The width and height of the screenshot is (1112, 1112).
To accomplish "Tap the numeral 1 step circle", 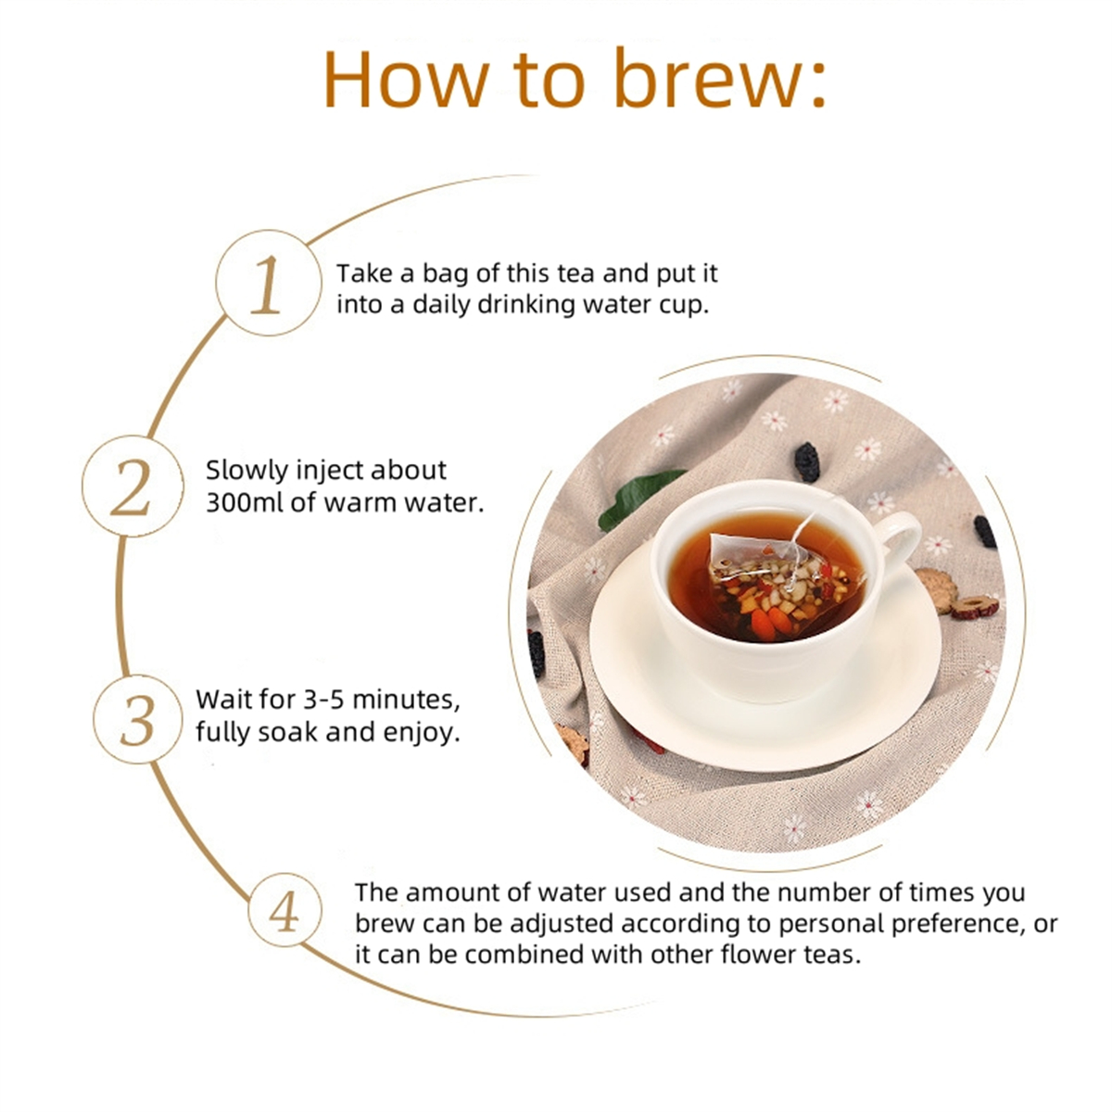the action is click(x=269, y=283).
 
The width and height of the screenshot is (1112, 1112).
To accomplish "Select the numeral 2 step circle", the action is click(x=133, y=486).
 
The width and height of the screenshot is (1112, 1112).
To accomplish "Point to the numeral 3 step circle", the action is click(x=137, y=719).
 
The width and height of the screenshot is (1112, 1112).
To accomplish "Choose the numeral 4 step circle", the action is click(x=284, y=910).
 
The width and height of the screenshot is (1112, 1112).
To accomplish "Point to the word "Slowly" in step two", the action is click(x=247, y=472).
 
